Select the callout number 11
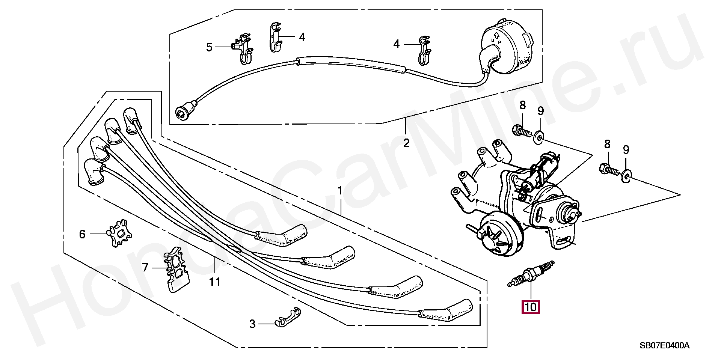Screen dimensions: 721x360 215,282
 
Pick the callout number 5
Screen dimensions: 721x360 209,47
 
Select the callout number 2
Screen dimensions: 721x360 406,143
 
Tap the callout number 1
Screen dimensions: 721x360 339,191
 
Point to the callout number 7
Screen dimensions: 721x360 145,268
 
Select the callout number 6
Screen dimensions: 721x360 82,234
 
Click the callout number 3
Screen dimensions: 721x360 252,324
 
